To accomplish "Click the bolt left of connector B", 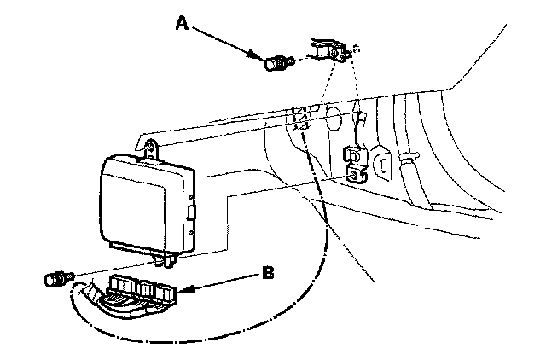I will [57, 278].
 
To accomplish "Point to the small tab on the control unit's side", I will [192, 210].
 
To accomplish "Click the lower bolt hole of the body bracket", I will [356, 174].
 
